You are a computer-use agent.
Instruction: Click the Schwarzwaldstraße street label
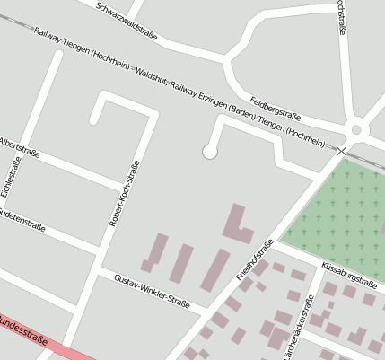126,21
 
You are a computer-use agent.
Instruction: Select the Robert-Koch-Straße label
124,193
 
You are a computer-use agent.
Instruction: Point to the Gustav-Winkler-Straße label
152,293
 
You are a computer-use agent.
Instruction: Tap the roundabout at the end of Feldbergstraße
356,129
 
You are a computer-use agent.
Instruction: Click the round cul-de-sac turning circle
210,152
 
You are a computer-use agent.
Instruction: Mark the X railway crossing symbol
342,152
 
